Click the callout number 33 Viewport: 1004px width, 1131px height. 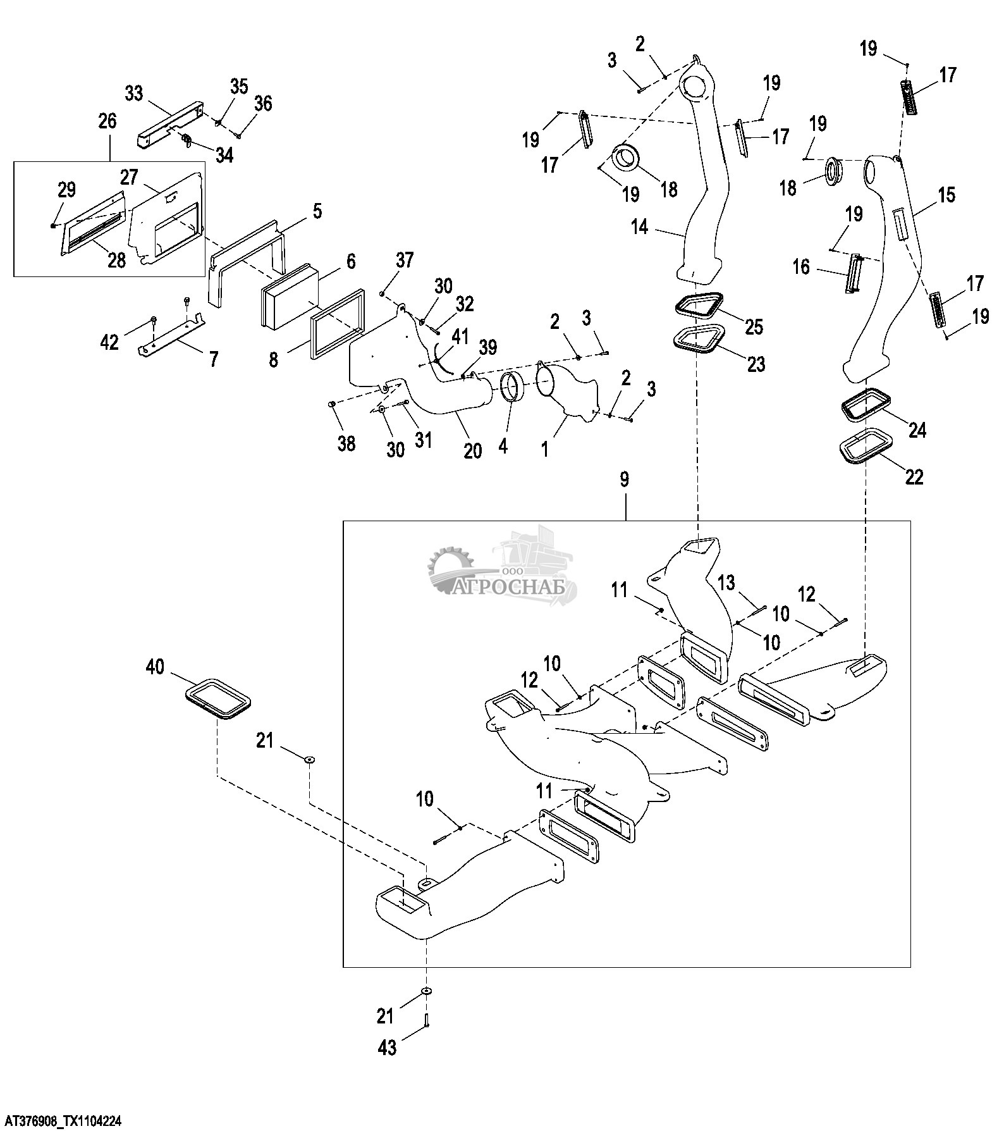pos(133,94)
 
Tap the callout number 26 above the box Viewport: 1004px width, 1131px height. pos(107,121)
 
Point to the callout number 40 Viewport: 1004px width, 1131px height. pos(155,667)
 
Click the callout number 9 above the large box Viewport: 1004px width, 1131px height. pos(625,479)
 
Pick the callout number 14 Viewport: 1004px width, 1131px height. pos(640,227)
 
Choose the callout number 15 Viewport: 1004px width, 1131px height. pos(946,194)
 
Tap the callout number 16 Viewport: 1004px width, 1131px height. pos(800,267)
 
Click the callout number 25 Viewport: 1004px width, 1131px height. pos(754,326)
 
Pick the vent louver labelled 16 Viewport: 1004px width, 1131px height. pos(854,273)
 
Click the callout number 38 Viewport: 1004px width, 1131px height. pos(346,443)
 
